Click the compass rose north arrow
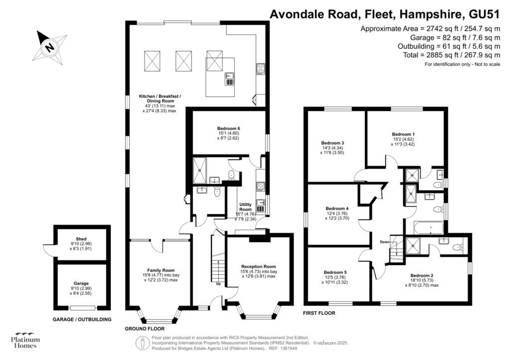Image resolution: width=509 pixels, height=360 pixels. click(50, 48)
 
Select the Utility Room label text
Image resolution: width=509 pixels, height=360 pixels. click(246, 207)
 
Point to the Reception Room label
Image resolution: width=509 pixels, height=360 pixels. click(258, 267)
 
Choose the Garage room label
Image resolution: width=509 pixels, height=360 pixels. click(82, 283)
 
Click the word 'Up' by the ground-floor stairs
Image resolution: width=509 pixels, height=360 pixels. click(218, 284)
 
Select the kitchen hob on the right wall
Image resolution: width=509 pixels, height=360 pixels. click(260, 69)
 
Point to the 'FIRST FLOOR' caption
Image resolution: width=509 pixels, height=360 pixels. click(319, 313)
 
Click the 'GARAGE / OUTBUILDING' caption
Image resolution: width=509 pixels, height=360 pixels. click(82, 319)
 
